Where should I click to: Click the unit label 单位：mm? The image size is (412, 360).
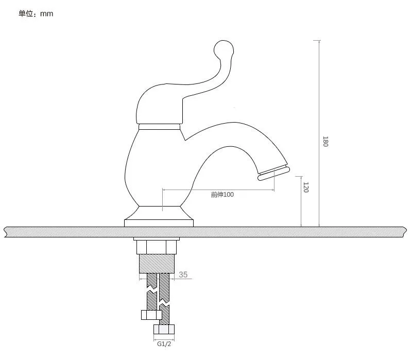coord(36,13)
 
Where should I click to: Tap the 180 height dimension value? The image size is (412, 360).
coord(325,141)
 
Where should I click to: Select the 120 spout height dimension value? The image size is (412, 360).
coord(306,187)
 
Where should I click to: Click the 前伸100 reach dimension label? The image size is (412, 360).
coord(222,195)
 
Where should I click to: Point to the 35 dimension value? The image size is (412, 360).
coord(183,275)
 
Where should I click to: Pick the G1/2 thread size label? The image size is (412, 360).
coord(164,344)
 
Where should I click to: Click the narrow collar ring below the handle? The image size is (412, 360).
coord(159,127)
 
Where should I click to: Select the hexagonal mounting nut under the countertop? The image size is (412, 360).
coord(157,247)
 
